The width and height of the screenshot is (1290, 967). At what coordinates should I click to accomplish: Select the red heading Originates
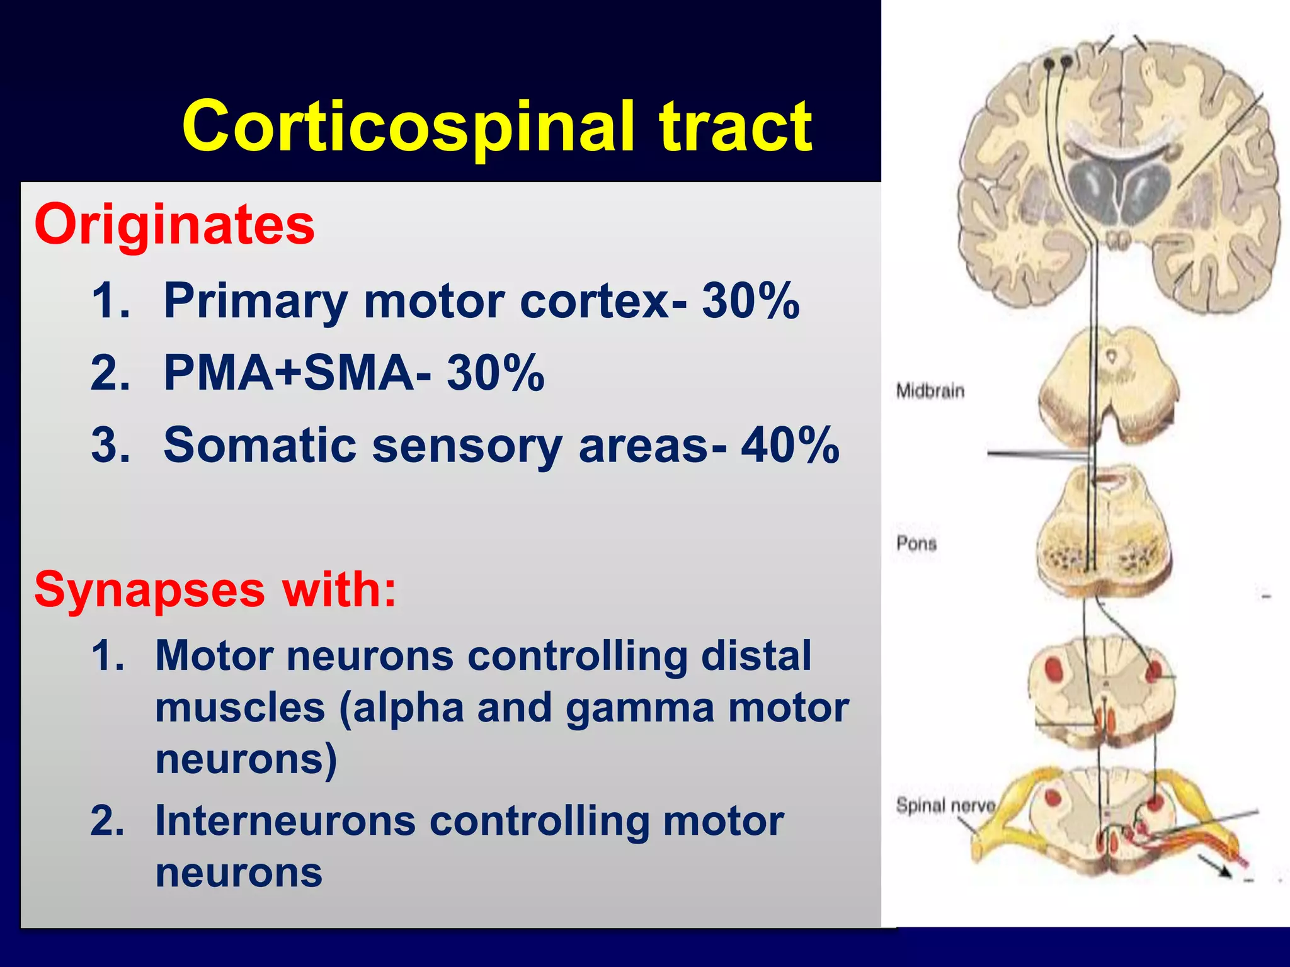tap(174, 225)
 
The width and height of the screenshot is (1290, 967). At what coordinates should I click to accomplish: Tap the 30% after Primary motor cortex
tap(751, 301)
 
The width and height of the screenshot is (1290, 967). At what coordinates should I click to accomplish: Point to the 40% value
tap(790, 445)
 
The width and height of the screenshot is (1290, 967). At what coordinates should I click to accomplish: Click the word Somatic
tap(260, 445)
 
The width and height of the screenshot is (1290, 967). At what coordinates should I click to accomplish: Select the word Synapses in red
tap(149, 590)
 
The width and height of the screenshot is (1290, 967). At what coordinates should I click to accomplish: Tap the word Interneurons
tap(285, 821)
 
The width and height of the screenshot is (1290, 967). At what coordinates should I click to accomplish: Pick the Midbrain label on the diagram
tap(930, 391)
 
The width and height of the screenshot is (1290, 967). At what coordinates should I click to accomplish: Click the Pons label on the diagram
tap(916, 543)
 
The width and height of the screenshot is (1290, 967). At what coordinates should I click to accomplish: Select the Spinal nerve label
tap(945, 805)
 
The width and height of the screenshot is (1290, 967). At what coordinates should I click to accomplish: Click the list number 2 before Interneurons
tap(108, 821)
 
